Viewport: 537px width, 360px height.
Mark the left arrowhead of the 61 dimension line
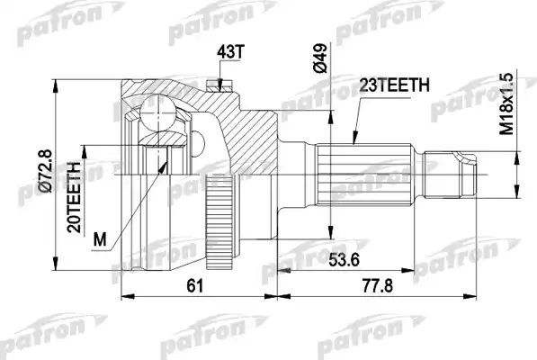point(124,295)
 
